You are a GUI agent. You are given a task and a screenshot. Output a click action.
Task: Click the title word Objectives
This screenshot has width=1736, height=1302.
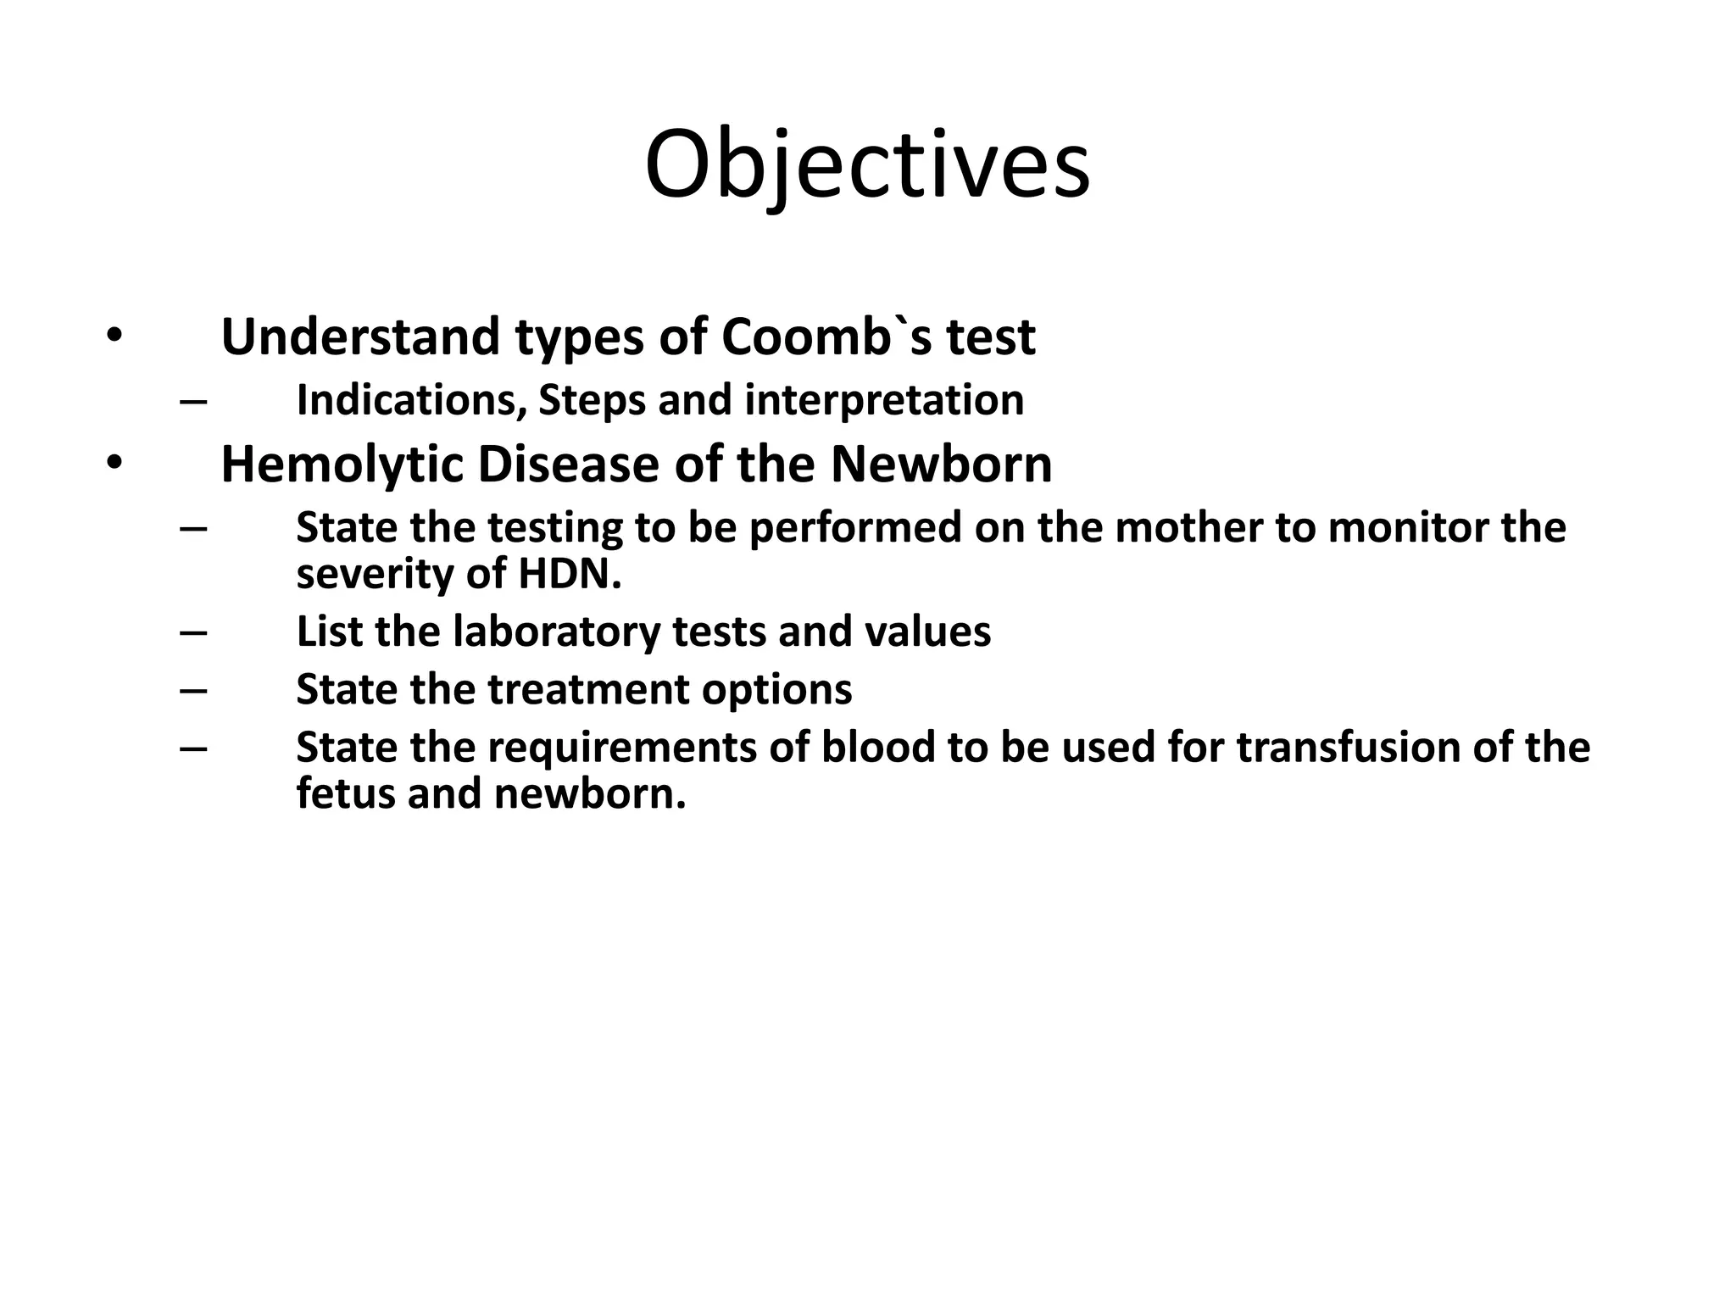click(867, 165)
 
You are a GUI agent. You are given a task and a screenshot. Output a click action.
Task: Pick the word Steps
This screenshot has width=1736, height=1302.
click(593, 400)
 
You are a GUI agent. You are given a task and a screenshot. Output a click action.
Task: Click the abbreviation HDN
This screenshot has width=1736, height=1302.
click(567, 574)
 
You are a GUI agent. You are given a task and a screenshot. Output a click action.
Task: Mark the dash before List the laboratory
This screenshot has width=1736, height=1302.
click(193, 632)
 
